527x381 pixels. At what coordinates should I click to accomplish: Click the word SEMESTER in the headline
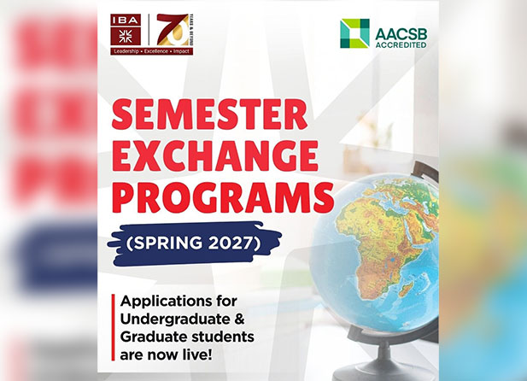[209, 115]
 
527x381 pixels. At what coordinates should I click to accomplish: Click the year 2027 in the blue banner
[230, 243]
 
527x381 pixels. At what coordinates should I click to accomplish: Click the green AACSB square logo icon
[354, 33]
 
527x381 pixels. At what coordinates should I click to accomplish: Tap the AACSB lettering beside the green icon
[401, 34]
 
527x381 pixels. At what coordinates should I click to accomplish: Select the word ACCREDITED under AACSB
[401, 44]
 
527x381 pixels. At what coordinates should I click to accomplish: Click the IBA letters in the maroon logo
[125, 20]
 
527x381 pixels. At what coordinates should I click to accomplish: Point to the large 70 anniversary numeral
[172, 30]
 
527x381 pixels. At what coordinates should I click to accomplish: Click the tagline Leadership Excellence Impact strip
[151, 51]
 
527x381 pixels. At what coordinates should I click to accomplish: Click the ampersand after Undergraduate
[238, 319]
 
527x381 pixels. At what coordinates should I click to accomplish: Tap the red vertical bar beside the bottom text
[114, 327]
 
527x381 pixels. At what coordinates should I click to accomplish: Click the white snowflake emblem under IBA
[125, 36]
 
